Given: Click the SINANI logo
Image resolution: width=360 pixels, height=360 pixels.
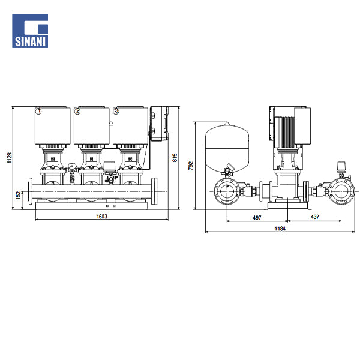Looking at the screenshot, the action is [x=30, y=31].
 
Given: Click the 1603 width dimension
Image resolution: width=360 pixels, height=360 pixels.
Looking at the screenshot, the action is [x=102, y=216].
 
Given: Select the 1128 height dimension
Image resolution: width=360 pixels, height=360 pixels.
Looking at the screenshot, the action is [x=10, y=158].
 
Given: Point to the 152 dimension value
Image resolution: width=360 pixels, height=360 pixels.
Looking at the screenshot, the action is [x=19, y=196].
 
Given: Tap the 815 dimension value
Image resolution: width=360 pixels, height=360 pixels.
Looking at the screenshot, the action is [x=175, y=158].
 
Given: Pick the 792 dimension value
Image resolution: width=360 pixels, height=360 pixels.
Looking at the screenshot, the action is [x=191, y=166].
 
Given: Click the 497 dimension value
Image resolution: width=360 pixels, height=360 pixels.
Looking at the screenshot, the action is [x=257, y=217].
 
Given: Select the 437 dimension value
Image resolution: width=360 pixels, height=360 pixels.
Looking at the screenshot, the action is [x=315, y=217].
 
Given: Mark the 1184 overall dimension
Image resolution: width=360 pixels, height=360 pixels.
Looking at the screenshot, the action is [x=280, y=229].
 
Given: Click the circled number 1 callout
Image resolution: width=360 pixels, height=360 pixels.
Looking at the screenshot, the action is [x=39, y=111].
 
